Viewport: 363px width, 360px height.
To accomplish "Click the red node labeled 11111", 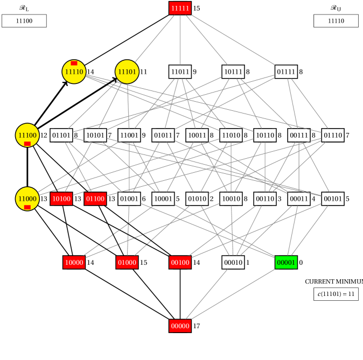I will (x=180, y=8).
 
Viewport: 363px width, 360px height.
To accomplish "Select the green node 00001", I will (x=286, y=262).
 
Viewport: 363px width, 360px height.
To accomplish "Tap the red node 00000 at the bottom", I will (x=180, y=326).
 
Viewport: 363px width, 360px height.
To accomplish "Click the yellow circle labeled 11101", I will (x=127, y=72).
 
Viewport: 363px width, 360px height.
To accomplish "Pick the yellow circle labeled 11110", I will (x=74, y=72).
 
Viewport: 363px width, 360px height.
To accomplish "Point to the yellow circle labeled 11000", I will (x=27, y=199).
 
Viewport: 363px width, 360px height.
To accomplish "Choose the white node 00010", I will (x=233, y=262).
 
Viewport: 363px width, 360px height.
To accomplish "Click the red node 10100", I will (x=61, y=199).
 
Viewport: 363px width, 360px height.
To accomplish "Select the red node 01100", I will (x=95, y=199).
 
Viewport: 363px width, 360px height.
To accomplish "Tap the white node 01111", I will (x=286, y=72).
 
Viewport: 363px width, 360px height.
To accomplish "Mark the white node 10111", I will (x=233, y=72).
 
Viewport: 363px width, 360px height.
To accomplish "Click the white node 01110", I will (x=332, y=135).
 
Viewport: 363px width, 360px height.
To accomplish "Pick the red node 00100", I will (x=180, y=262).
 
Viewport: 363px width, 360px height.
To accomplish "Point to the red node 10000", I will (x=74, y=262).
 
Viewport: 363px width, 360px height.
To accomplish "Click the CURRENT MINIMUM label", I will (x=333, y=281).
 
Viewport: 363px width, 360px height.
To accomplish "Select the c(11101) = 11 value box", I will (x=336, y=294).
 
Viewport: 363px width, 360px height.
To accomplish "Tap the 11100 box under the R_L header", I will (x=24, y=20).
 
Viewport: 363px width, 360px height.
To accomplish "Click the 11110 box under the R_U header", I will (x=336, y=20).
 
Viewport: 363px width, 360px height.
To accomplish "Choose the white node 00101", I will (x=332, y=199).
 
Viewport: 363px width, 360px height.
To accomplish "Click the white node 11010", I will (x=231, y=135).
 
